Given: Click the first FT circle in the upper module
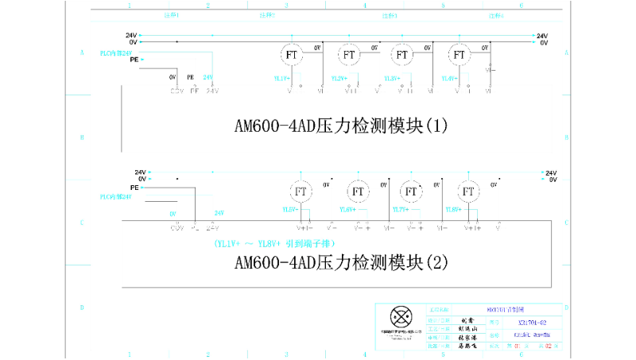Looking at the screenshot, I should coord(291,54).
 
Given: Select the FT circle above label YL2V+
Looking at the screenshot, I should coord(348,54).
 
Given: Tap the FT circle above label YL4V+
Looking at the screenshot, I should coord(458,54).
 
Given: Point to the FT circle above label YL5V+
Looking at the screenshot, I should coord(301,192).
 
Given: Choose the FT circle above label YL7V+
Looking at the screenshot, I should coord(411,192).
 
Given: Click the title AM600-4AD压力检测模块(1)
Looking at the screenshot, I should coord(341,126).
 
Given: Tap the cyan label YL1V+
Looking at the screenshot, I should coord(282,78).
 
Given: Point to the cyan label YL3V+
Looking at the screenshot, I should coord(393,78).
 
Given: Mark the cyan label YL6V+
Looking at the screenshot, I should coord(348,209).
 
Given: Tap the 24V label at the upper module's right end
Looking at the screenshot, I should coord(542,36).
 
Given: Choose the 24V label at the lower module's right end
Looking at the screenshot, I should coord(552,172).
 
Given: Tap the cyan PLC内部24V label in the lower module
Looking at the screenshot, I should coord(115,196).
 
